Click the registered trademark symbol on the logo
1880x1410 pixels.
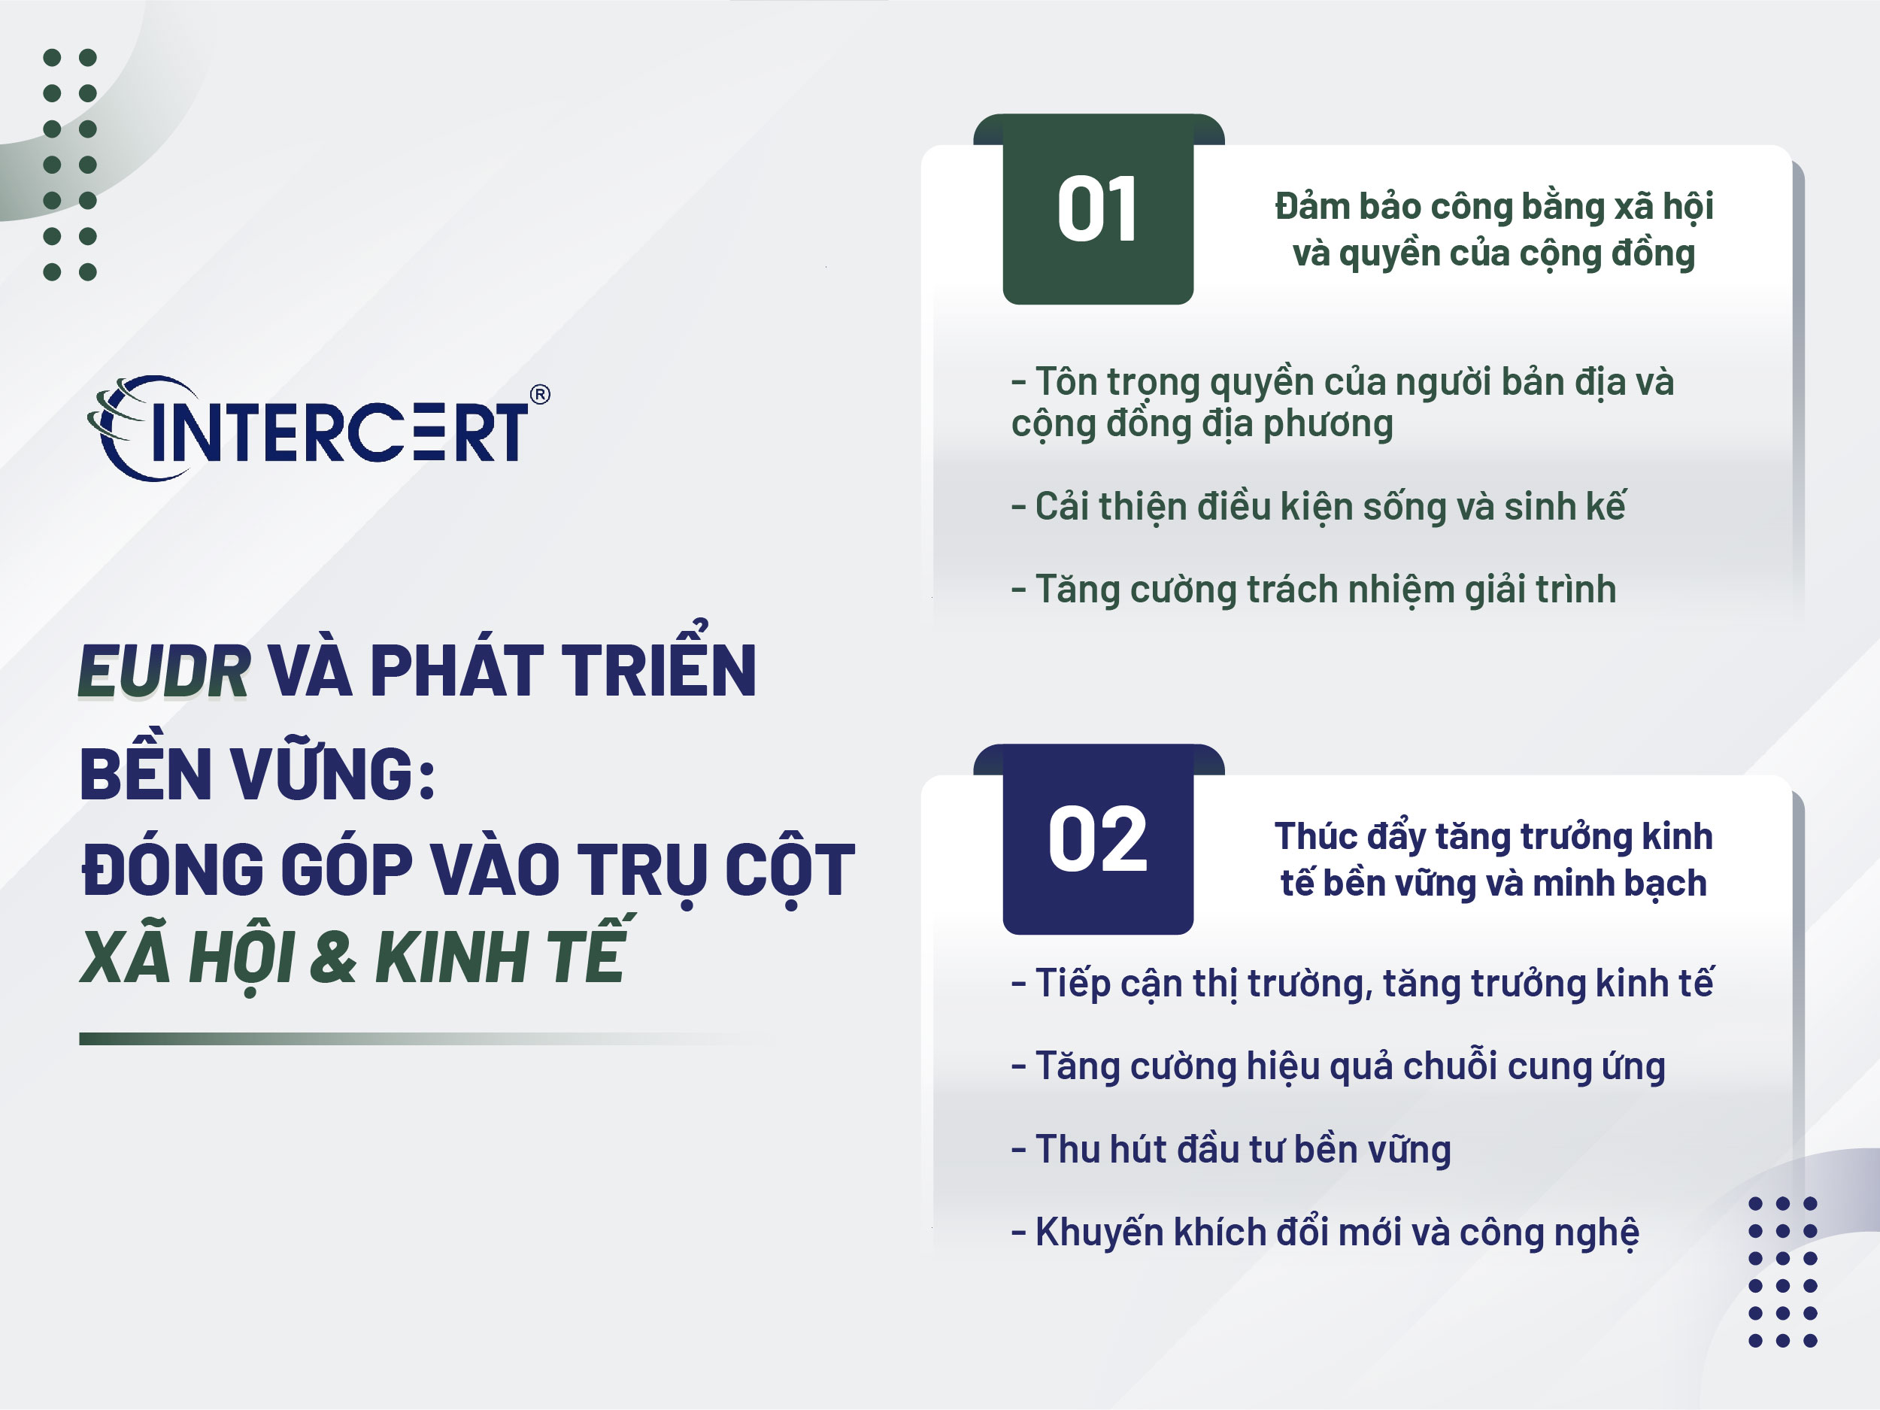[540, 394]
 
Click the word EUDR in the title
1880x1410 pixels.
[164, 672]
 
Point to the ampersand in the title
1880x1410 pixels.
[332, 956]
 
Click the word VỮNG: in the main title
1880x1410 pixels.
[333, 775]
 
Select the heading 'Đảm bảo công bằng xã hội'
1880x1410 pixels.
[1493, 207]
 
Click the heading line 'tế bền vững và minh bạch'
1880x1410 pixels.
[1493, 883]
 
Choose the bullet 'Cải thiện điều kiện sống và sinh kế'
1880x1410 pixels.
[1318, 508]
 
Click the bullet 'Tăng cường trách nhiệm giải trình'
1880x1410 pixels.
[1313, 590]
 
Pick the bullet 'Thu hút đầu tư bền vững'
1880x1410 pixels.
[1231, 1149]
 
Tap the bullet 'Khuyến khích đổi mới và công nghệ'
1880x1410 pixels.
[1324, 1233]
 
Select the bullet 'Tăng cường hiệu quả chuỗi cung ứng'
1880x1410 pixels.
[1337, 1066]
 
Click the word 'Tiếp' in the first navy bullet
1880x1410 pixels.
[1072, 984]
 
